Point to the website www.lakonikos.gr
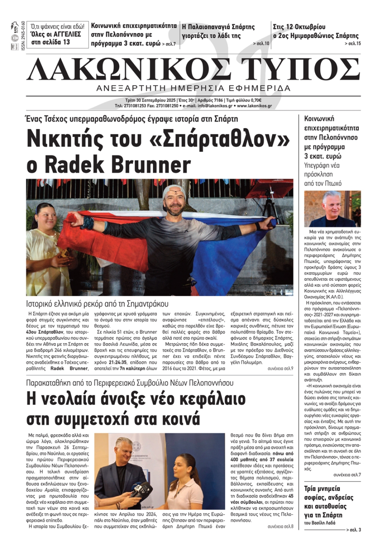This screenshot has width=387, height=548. (x=254, y=106)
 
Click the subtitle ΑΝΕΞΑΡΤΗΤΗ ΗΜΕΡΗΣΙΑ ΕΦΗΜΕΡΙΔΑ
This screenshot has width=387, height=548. (x=193, y=88)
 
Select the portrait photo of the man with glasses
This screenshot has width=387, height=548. (x=332, y=209)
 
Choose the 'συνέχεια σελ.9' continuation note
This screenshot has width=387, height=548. (x=280, y=369)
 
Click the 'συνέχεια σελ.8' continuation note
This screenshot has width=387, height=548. (x=280, y=527)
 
